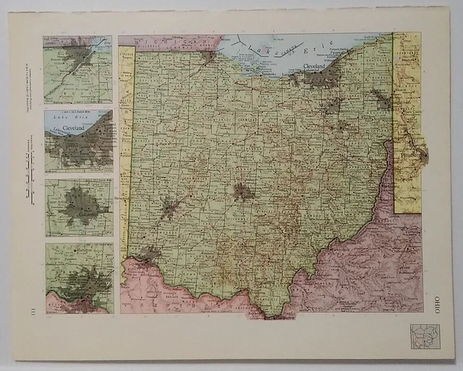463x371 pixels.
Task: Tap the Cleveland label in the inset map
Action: click(x=75, y=128)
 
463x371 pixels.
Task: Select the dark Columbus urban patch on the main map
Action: click(x=242, y=191)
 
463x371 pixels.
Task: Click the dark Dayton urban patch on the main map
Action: click(x=171, y=209)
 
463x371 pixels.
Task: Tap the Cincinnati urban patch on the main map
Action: click(x=149, y=253)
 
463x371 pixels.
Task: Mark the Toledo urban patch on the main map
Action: click(x=208, y=56)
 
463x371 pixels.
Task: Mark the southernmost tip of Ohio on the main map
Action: click(x=273, y=315)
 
